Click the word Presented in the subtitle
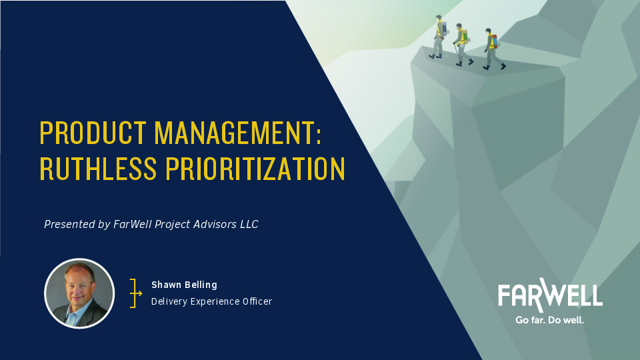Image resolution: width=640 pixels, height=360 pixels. [x=69, y=225]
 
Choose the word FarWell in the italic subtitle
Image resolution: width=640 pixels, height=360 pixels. [x=136, y=225]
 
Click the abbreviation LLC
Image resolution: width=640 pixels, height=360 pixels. [x=249, y=225]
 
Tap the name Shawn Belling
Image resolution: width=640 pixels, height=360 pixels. [x=184, y=285]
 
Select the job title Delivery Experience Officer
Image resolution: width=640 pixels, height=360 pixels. [x=211, y=301]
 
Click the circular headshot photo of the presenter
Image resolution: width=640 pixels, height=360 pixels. [x=79, y=293]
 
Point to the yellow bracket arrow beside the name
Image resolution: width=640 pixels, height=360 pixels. [x=136, y=293]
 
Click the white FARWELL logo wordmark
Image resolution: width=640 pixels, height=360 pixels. [x=550, y=295]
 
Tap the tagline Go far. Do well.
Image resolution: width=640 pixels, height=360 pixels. [x=550, y=321]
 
